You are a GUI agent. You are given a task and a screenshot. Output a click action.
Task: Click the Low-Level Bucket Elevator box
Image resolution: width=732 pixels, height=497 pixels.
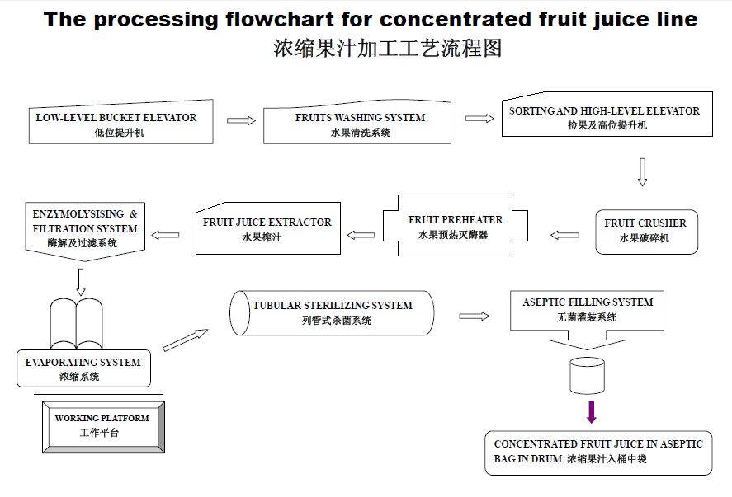coord(121,122)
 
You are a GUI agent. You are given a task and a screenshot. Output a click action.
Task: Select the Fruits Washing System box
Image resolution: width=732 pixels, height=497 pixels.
coord(357,122)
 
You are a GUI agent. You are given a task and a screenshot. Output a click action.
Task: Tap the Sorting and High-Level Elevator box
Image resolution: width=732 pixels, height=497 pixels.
coord(607,115)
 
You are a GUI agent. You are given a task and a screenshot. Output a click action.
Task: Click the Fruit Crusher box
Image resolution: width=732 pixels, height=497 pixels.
coord(646,232)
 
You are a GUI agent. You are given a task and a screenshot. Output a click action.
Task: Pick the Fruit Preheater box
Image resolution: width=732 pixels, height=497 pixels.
coord(456,226)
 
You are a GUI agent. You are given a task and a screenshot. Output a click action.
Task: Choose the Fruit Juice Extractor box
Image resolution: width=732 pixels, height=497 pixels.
coord(268,228)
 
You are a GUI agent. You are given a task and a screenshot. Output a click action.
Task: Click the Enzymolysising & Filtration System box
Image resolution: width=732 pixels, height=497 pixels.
coord(85,231)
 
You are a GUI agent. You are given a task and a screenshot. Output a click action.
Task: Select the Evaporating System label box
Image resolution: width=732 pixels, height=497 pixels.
coord(83,368)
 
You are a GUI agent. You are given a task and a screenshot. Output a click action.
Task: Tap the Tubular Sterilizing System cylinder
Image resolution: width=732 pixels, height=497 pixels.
coord(332,313)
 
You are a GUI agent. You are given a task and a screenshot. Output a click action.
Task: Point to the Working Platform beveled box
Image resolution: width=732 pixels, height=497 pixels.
coord(103,427)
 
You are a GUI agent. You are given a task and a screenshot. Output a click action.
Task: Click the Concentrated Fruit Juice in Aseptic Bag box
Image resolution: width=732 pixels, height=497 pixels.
coord(598,452)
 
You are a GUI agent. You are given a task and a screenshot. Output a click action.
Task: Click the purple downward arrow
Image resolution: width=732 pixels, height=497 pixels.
coord(592,412)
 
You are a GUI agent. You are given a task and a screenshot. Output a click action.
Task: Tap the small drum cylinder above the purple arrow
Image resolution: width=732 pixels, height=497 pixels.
coord(588,376)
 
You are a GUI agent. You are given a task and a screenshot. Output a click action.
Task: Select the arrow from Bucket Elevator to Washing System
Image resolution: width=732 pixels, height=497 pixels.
coord(241,121)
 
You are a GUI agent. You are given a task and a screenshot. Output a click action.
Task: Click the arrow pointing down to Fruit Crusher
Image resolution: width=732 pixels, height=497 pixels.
coord(642,172)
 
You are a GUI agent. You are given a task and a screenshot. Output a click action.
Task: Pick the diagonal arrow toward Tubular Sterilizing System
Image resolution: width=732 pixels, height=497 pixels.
coord(186,340)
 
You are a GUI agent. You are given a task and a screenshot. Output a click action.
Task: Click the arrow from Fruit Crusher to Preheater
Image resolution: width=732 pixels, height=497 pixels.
coord(564,235)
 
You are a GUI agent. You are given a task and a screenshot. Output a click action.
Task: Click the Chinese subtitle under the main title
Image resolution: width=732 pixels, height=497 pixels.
coord(388,48)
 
